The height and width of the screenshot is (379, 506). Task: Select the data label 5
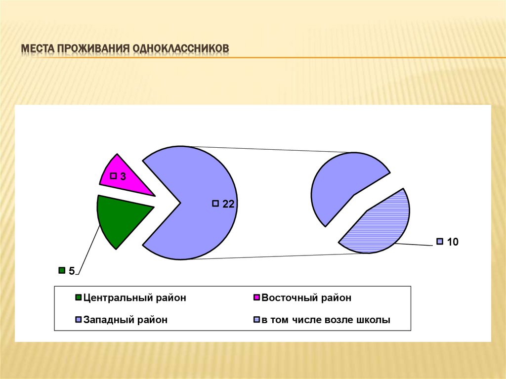coord(71,271)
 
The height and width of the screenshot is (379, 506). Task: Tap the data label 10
coord(453,242)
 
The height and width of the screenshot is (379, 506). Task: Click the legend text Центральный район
coord(135,298)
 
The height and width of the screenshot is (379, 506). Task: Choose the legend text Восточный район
coord(306,298)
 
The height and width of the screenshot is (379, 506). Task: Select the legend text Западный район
coord(126,320)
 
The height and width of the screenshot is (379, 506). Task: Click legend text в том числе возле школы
coord(326,320)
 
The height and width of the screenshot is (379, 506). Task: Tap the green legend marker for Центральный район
coord(78,298)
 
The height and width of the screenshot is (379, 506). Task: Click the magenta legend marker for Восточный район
coord(256,298)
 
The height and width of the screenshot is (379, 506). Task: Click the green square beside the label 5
coord(62,270)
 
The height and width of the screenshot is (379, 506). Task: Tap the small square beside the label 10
coord(439,242)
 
